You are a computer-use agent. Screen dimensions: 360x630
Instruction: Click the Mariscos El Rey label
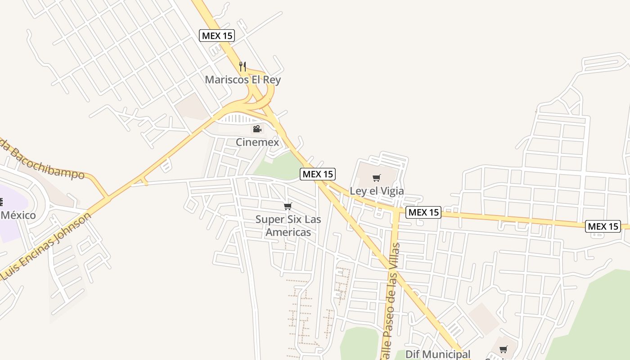point(243,80)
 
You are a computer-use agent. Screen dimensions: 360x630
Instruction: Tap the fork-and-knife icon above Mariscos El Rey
point(243,67)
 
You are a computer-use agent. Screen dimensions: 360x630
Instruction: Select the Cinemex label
point(257,142)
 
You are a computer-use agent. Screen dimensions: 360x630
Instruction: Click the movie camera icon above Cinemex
point(257,129)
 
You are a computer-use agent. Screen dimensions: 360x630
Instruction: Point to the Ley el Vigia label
point(377,191)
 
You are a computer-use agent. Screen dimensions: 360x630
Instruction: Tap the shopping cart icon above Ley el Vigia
point(377,178)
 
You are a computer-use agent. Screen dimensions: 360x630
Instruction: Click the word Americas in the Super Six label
point(288,232)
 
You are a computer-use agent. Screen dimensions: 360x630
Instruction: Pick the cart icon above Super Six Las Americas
point(288,207)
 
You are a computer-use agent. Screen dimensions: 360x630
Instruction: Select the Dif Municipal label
point(438,354)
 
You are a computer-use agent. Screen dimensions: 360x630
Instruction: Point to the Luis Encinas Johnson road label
point(47,245)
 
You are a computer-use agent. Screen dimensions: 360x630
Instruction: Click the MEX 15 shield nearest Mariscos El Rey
point(217,36)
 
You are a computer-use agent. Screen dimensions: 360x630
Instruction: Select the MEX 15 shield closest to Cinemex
point(318,174)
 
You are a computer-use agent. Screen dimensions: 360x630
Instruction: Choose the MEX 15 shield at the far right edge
point(603,226)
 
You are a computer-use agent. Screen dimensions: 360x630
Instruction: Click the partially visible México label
point(18,215)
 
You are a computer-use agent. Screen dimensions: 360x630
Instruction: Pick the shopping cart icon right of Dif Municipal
point(504,350)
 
